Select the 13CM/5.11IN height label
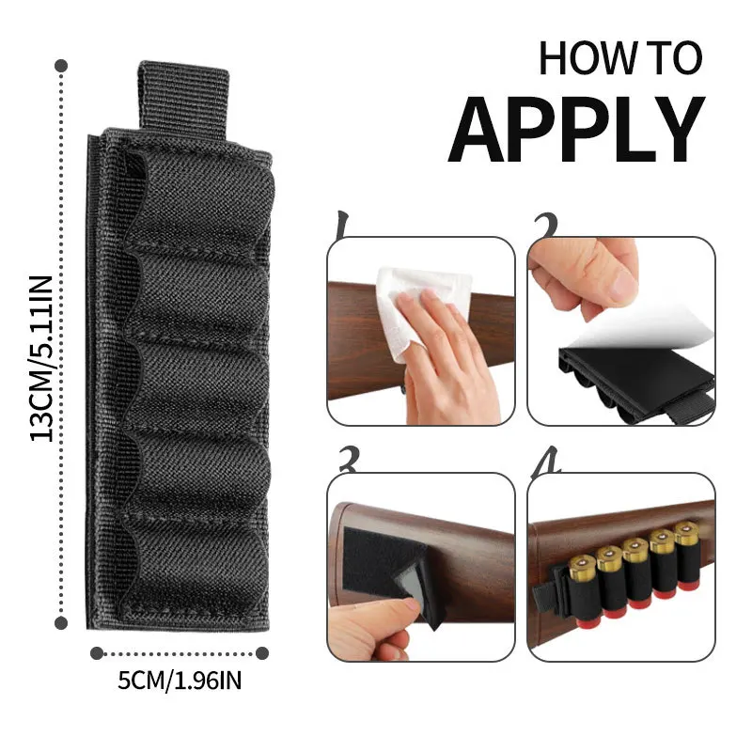(41, 359)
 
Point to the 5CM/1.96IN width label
(180, 681)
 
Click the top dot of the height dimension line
(61, 66)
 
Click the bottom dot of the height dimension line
(61, 623)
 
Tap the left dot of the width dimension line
(97, 653)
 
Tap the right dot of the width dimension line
(262, 653)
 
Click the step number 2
(546, 226)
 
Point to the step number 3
(349, 460)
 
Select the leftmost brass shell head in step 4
(582, 567)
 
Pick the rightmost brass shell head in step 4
(686, 533)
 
